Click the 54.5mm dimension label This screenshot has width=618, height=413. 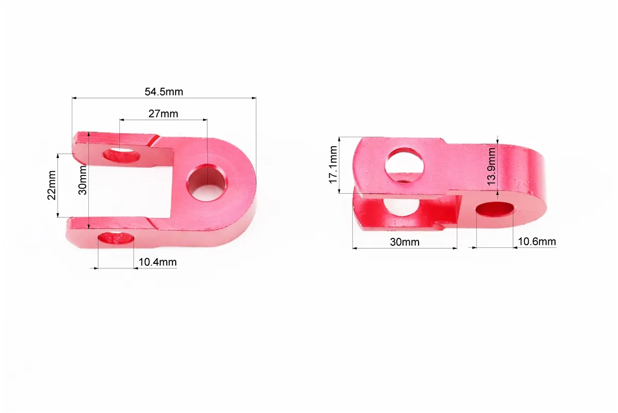[x=164, y=92]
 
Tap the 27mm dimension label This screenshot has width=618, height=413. [x=163, y=114]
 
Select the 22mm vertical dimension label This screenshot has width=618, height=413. [x=52, y=185]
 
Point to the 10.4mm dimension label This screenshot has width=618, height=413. [x=158, y=262]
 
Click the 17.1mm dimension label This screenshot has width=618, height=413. [x=333, y=165]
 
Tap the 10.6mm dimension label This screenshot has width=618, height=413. [x=537, y=241]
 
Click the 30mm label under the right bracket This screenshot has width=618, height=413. [x=405, y=242]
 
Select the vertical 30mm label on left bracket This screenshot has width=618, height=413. [x=83, y=180]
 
